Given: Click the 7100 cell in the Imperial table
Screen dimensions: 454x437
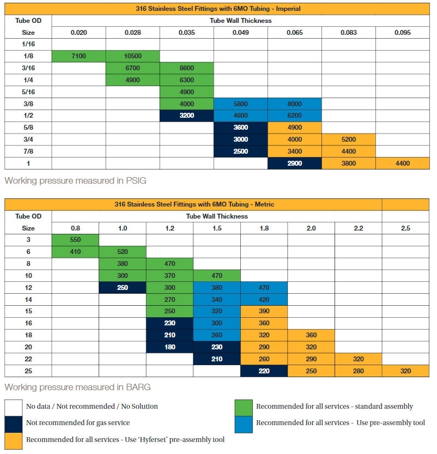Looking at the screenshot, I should point(78,56).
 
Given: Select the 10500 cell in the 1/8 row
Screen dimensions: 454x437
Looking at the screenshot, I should point(132,56).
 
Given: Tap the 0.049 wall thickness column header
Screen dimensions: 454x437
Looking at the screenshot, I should point(240,32).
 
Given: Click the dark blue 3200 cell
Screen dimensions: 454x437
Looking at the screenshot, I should point(186,116).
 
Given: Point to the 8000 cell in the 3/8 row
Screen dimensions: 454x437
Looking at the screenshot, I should point(294,104).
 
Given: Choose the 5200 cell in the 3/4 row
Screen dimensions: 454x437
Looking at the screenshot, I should point(348,140).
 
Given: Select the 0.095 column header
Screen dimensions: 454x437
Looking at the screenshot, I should point(402,32).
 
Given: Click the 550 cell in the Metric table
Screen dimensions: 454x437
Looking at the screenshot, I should point(75,239).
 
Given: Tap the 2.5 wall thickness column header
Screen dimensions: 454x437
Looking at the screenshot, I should point(405,228).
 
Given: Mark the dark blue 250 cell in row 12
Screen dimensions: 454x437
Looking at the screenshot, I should point(123,287).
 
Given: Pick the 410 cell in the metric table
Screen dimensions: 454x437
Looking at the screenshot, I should point(75,251).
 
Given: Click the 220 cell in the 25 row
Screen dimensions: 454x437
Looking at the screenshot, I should point(264,371).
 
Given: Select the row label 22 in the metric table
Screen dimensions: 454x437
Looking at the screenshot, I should point(28,359).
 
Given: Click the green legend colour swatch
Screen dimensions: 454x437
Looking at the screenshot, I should point(243,407).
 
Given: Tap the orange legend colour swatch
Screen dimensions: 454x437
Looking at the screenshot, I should point(14,439).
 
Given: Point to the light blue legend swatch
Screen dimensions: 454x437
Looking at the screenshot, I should point(243,423).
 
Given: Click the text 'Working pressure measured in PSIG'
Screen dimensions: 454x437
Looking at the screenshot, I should point(75,180).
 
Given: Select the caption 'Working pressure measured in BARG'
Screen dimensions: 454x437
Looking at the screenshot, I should point(77,387).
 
